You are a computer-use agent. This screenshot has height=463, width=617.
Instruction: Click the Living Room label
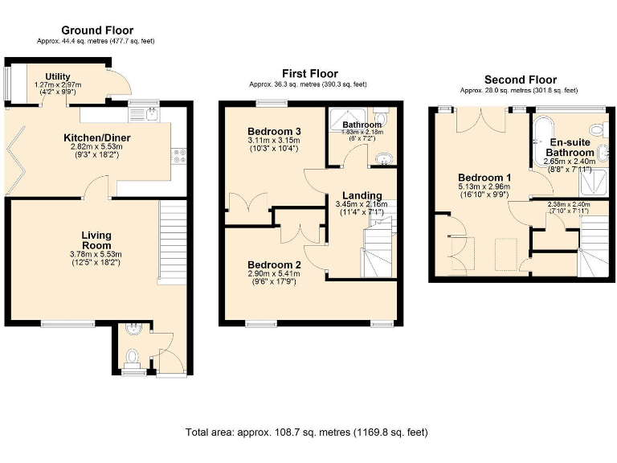click(96, 240)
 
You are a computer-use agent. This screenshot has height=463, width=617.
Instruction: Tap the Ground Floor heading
click(97, 31)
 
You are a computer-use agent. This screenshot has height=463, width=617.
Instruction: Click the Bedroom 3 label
click(274, 131)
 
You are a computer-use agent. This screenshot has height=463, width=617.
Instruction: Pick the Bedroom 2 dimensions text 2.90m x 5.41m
click(274, 274)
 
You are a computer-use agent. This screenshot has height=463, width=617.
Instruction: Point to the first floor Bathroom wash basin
click(383, 158)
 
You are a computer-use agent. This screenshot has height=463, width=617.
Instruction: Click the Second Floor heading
click(520, 80)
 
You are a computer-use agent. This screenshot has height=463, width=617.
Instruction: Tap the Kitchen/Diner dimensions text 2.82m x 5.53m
click(97, 148)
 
